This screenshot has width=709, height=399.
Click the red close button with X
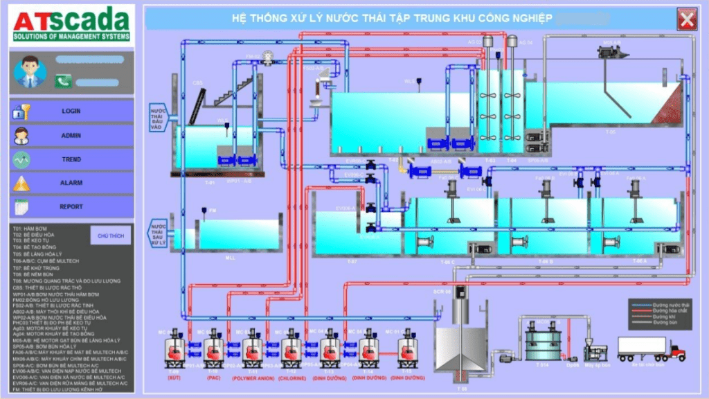687,19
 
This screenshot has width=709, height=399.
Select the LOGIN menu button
71,111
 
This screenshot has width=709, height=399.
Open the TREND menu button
71,159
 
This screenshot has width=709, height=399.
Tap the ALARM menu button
71,183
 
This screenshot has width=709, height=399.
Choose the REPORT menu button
71,206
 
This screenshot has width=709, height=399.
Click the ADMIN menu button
71,136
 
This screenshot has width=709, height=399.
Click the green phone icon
63,81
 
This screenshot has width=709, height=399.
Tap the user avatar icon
30,72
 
